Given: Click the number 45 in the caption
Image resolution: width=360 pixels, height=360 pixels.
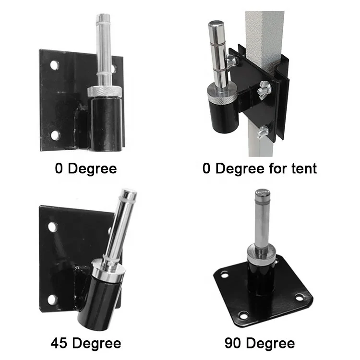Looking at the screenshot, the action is point(59,343).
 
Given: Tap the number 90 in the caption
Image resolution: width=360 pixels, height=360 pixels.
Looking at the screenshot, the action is point(233,343).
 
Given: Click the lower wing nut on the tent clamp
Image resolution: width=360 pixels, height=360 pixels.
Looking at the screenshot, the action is point(263,132).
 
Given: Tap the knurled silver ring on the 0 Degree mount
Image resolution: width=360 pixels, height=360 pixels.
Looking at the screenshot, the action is point(104,91).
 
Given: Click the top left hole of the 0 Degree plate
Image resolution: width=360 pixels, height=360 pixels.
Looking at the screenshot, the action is point(54,65).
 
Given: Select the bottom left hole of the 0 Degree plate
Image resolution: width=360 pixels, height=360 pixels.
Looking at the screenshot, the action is point(55,135).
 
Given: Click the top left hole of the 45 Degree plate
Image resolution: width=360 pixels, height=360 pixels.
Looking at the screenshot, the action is point(52,227).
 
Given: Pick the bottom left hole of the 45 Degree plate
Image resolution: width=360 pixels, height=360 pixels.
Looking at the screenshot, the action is point(52,299).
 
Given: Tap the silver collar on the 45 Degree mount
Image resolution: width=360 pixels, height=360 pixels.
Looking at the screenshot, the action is point(108,270).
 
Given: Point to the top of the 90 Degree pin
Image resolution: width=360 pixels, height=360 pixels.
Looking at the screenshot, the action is point(263,192).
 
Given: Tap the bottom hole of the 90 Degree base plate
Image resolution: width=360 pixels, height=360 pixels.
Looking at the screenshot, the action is point(243,315).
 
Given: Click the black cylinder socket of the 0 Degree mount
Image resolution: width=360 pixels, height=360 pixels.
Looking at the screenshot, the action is point(106,123).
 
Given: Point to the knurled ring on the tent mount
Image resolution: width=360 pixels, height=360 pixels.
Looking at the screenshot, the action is point(222,96).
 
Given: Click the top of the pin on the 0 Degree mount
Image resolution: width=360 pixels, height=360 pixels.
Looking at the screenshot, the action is point(103,16).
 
